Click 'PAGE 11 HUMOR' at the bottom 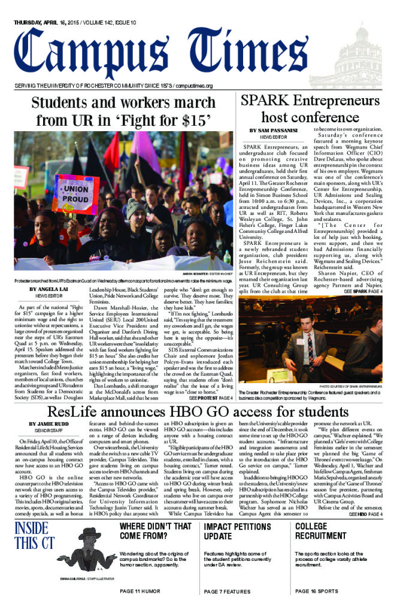[x=140, y=591]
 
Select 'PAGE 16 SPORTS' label [x=320, y=591]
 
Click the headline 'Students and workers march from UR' [x=123, y=111]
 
